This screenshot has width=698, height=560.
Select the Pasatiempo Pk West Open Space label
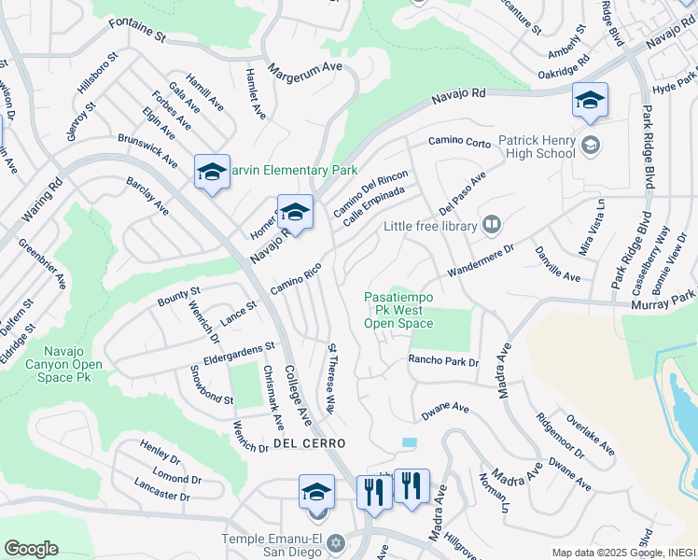[x=398, y=310]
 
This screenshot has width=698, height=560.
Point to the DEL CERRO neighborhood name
[x=309, y=442]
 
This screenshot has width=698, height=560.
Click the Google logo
[x=31, y=549]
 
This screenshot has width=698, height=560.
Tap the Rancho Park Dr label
[x=443, y=361]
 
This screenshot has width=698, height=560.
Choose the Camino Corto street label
[x=459, y=142]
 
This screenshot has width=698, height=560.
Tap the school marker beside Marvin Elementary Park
[x=212, y=172]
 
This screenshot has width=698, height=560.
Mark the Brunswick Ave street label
[x=147, y=150]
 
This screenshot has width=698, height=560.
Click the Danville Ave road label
[x=557, y=265]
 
